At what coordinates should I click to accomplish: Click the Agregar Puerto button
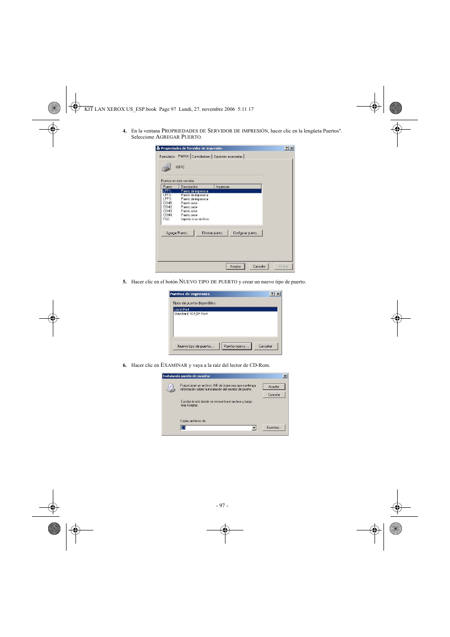pos(177,233)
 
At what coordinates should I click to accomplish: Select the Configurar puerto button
pos(246,233)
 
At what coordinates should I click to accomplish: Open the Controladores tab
pos(201,157)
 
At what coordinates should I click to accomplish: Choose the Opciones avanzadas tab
pos(228,157)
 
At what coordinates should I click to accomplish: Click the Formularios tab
pos(167,157)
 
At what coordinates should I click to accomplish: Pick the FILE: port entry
pos(167,219)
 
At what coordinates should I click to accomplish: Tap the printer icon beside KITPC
pos(166,167)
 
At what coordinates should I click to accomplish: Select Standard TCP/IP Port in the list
pos(191,314)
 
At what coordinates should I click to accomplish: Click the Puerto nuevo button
pos(236,346)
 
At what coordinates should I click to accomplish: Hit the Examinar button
pos(274,428)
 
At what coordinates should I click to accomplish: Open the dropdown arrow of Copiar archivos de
pos(254,428)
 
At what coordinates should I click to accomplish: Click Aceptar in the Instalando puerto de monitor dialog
pos(274,387)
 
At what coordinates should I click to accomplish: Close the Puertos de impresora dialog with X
pos(278,294)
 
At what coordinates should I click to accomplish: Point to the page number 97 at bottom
pos(222,505)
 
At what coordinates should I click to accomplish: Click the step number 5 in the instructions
pos(125,282)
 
